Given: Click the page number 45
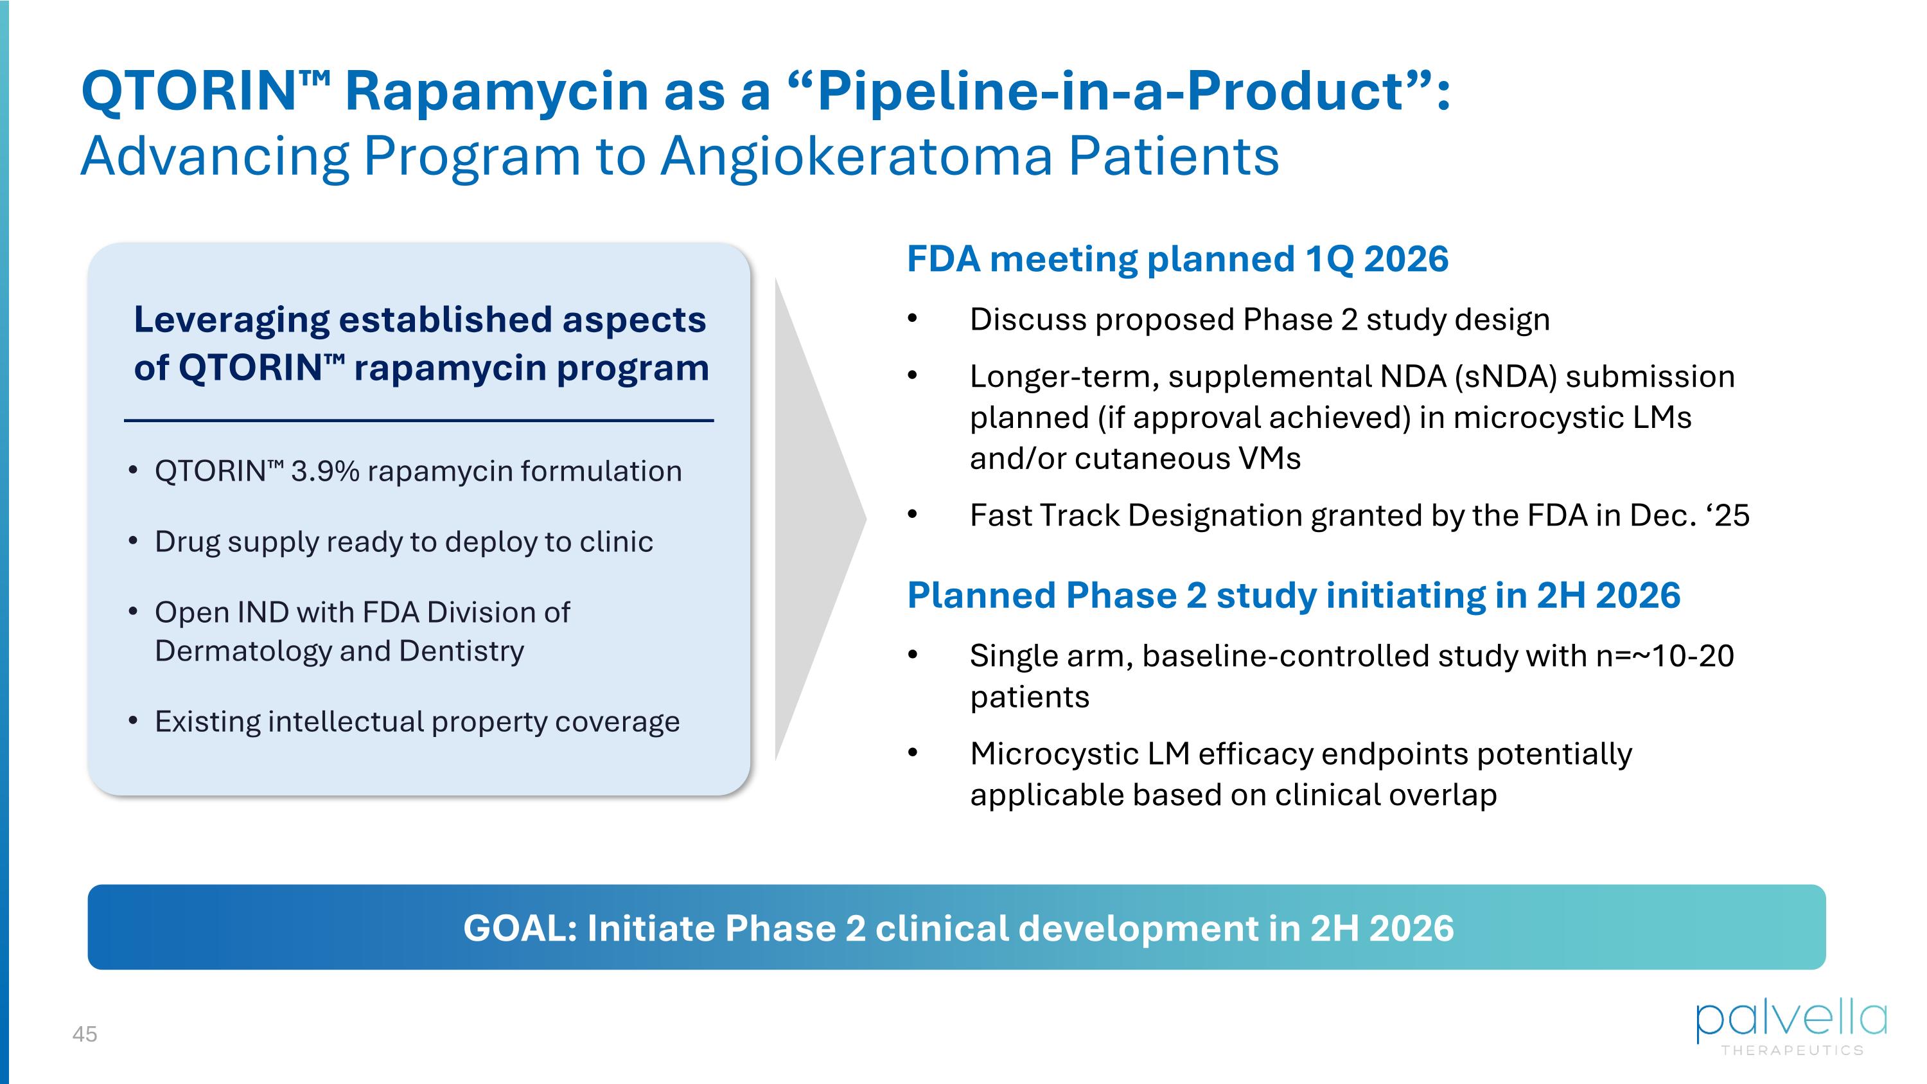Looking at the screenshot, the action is coord(85,1034).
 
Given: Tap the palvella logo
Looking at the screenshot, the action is coord(1791,1028).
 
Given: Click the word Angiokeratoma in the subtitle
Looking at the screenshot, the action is coord(856,156).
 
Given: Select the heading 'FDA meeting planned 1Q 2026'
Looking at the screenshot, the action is coord(1177,259).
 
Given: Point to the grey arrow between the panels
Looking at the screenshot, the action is coord(820,519).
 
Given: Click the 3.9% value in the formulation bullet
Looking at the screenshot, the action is coord(326,471).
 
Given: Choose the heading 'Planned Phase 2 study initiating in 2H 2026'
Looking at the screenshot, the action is coord(1294,596).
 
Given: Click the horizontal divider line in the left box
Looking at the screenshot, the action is coord(419,420).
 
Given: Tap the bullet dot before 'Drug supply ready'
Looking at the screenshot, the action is coord(133,541).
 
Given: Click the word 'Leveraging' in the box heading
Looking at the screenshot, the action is coord(231,321).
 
